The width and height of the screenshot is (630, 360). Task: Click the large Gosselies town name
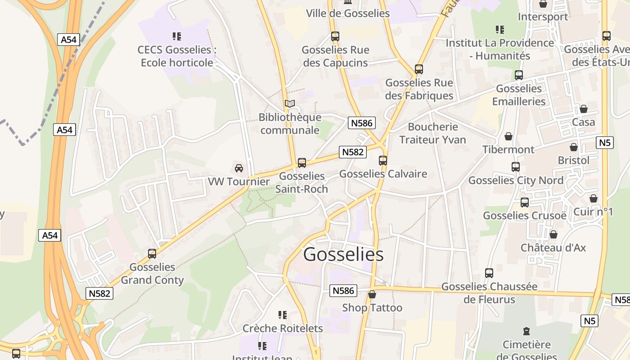[x=343, y=255]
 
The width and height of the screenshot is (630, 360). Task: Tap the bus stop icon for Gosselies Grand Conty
[x=152, y=254]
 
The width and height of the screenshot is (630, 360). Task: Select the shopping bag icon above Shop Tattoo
[x=372, y=295]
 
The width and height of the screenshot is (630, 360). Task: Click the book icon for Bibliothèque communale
[x=290, y=104]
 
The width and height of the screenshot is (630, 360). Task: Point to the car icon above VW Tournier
[x=239, y=168]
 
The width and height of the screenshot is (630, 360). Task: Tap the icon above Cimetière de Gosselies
[x=526, y=332]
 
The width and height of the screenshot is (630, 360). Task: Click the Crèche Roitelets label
[x=283, y=328]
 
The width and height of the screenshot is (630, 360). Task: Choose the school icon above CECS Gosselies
[x=177, y=36]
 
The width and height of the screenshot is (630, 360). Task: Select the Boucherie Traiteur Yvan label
[x=432, y=133]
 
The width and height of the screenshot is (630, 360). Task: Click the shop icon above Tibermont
[x=508, y=136]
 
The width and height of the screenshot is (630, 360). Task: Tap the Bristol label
[x=573, y=160]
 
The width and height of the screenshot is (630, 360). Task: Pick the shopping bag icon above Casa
[x=584, y=109]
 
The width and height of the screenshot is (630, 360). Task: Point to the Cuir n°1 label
[x=593, y=211]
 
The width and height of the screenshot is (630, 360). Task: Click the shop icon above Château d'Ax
[x=553, y=234]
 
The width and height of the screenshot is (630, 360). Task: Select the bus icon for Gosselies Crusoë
[x=525, y=202]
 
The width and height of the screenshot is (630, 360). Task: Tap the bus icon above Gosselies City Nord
[x=516, y=167]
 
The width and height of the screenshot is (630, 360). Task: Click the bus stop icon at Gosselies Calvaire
[x=383, y=161]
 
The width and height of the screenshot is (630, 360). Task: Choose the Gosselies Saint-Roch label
[x=301, y=182]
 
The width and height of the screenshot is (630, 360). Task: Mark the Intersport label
[x=543, y=17]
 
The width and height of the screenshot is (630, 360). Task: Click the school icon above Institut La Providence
[x=500, y=30]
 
